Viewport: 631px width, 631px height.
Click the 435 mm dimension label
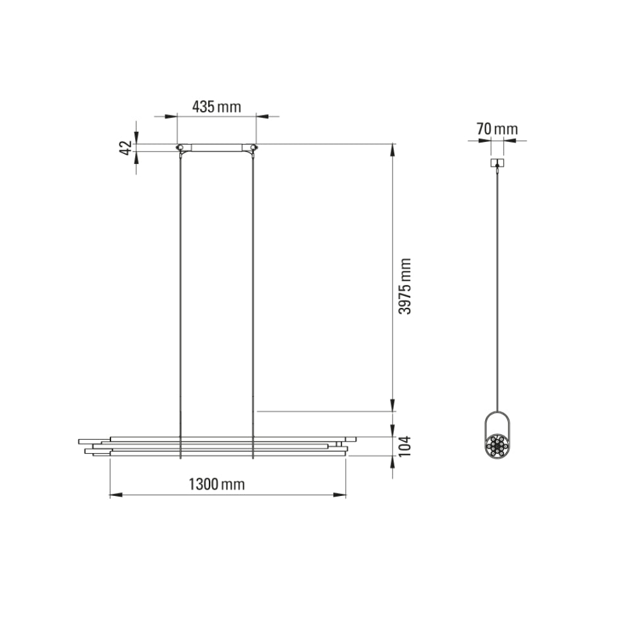[x=216, y=107]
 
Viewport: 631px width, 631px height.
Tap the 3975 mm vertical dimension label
[x=406, y=286]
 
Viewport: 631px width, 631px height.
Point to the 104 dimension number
[x=405, y=446]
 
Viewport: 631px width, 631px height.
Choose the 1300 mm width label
[x=216, y=485]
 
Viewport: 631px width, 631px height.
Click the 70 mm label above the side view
[x=497, y=129]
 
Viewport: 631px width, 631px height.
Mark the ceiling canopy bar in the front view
[x=216, y=148]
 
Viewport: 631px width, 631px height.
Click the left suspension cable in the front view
[x=181, y=284]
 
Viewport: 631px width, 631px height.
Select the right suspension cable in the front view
[x=252, y=284]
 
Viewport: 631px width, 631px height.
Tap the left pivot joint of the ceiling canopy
[x=180, y=148]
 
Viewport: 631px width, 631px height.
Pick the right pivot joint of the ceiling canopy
[x=253, y=148]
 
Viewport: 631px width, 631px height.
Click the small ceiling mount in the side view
[x=498, y=162]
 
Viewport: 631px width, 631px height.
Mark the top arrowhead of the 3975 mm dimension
[x=393, y=149]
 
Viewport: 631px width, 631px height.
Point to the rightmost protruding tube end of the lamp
[x=353, y=439]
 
